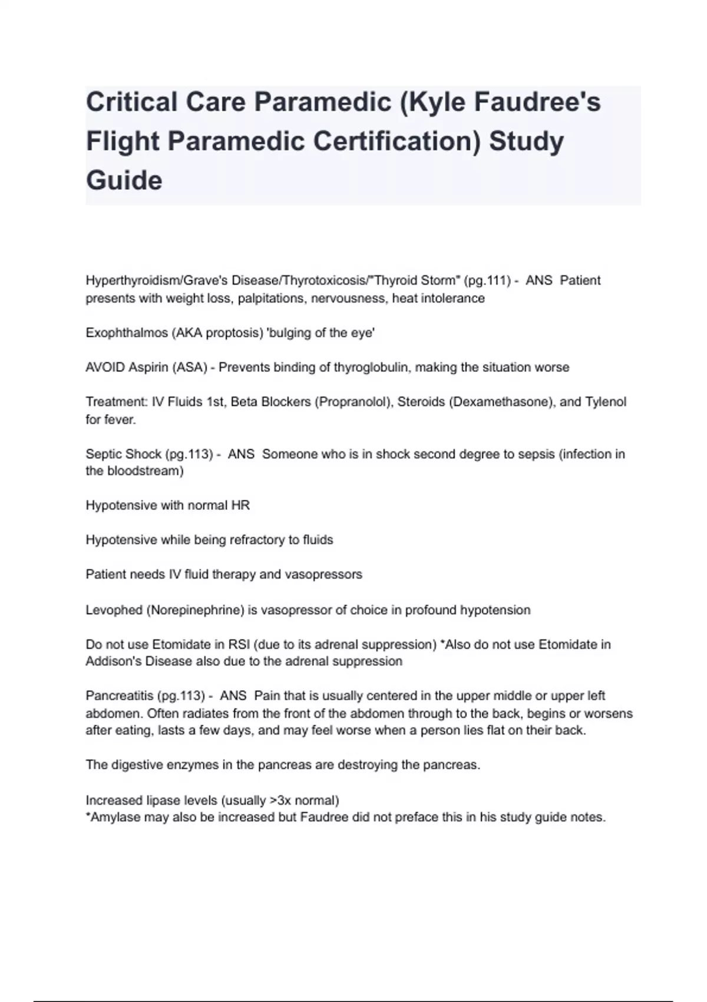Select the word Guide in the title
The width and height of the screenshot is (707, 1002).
[124, 180]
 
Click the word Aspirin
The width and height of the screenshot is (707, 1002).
[148, 368]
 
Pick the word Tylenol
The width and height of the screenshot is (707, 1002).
[605, 402]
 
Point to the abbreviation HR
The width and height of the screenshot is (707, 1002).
[242, 506]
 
